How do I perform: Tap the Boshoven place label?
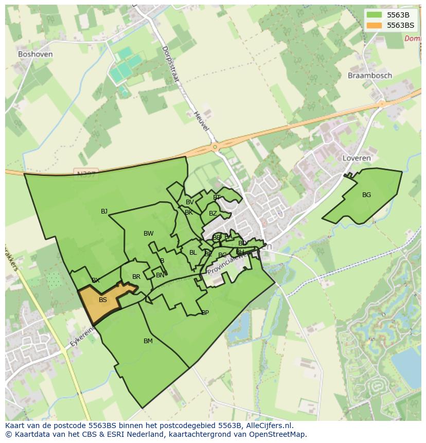tap(35, 54)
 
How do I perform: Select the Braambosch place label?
tap(369, 76)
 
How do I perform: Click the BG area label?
tap(366, 195)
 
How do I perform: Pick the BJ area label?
tap(104, 211)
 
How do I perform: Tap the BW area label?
tap(148, 234)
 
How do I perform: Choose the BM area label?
tap(148, 341)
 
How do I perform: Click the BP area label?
tap(205, 313)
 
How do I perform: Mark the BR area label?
tap(136, 277)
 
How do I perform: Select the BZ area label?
tap(212, 214)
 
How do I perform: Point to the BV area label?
tap(190, 202)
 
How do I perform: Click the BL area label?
tap(193, 253)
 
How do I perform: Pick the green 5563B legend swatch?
tap(375, 14)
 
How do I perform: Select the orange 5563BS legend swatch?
tap(375, 25)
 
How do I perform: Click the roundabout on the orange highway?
tap(215, 147)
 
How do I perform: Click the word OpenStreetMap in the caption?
tap(277, 434)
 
